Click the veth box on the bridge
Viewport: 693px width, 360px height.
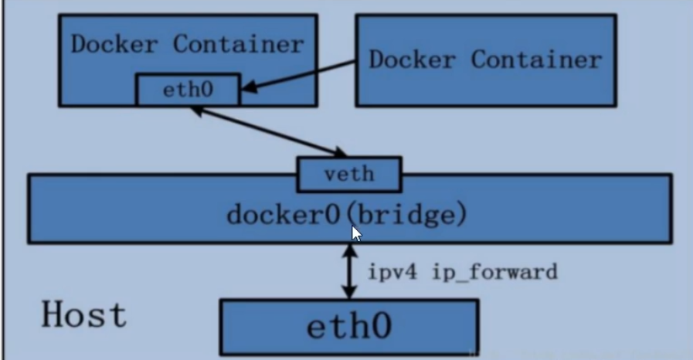(x=349, y=174)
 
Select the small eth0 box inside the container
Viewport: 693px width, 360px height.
(x=188, y=90)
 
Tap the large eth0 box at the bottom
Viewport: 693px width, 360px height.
(x=349, y=327)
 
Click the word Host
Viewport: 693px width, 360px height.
(x=83, y=315)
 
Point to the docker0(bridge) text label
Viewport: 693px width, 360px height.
(x=347, y=214)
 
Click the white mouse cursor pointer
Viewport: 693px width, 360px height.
(x=356, y=233)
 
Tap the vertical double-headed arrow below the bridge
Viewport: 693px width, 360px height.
(x=350, y=271)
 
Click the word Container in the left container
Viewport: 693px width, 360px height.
(x=238, y=44)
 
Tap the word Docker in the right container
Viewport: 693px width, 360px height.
(x=414, y=59)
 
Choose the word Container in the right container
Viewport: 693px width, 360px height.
(x=536, y=59)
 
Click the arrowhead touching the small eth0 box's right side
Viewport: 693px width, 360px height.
(x=248, y=92)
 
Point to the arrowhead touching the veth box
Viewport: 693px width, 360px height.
(x=339, y=151)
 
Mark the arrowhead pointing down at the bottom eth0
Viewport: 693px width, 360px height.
(x=350, y=293)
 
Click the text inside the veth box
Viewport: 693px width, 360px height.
(x=349, y=174)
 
